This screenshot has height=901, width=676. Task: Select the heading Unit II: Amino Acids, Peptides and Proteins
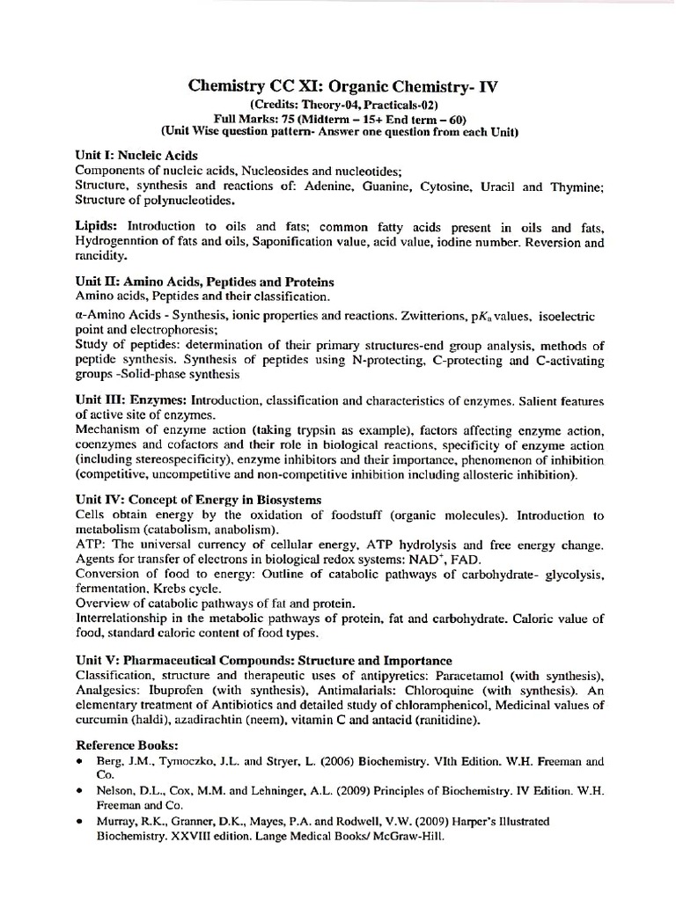pyautogui.click(x=204, y=282)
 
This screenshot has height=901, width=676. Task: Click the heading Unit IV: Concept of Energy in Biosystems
pyautogui.click(x=199, y=500)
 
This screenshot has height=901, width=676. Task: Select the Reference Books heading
pyautogui.click(x=127, y=744)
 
